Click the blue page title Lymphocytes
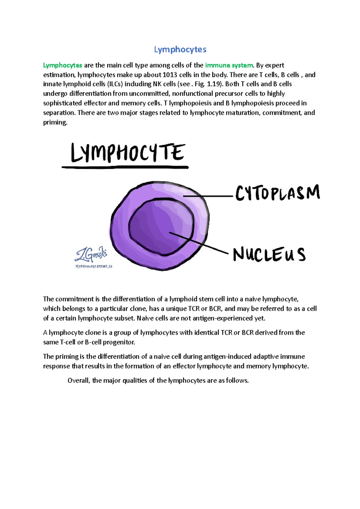[180, 49]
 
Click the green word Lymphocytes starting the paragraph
[62, 65]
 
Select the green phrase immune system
[229, 65]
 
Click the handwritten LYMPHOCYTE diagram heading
[127, 153]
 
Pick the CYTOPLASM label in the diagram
[277, 193]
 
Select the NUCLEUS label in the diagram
[269, 255]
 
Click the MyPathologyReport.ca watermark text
[94, 266]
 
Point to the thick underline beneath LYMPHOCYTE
[125, 167]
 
